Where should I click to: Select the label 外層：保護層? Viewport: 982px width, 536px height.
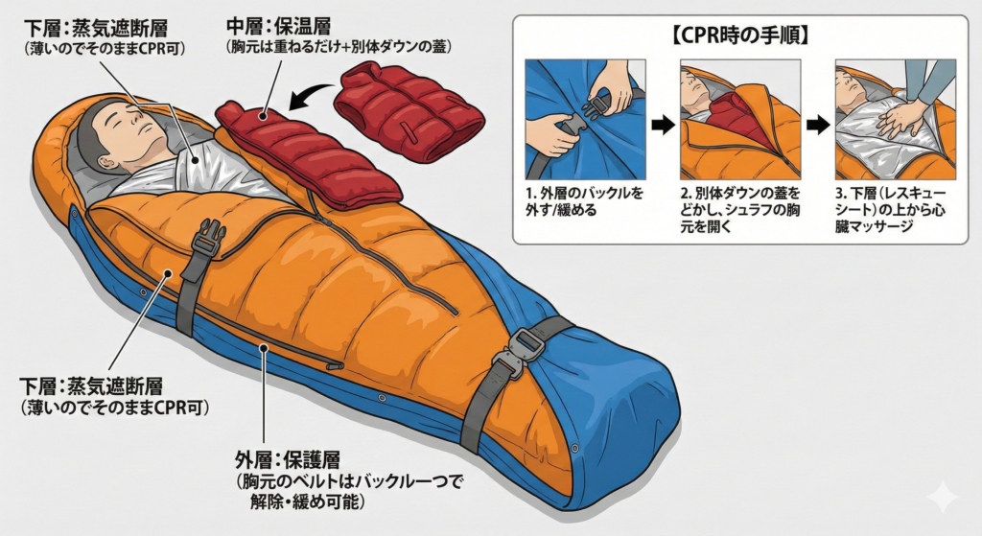click(288, 458)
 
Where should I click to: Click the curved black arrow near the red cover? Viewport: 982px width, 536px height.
click(308, 96)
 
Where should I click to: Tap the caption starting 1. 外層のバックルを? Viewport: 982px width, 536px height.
click(584, 201)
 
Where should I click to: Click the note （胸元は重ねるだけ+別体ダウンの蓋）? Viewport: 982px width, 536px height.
click(339, 47)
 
